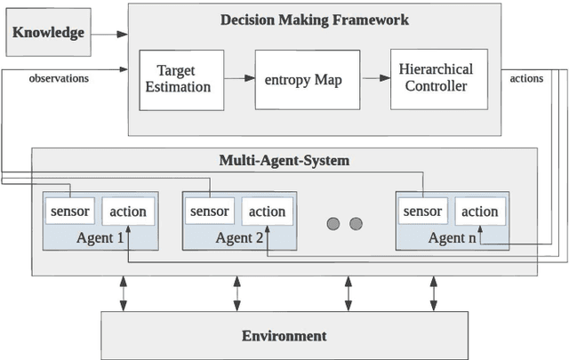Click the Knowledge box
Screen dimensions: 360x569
tap(48, 33)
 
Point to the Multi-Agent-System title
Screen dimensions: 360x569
tap(284, 160)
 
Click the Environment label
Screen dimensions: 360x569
tap(284, 335)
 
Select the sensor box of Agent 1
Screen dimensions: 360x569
tap(70, 212)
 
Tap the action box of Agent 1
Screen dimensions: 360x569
tap(127, 212)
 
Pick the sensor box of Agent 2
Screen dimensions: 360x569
tap(210, 212)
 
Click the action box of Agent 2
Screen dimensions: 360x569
tap(267, 212)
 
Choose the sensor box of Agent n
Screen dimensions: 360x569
tap(422, 212)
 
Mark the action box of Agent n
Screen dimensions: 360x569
tap(479, 212)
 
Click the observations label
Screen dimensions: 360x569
tap(59, 78)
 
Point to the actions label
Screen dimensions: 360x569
tap(526, 78)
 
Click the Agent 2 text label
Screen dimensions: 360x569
tap(239, 237)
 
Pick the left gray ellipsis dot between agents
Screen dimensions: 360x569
tap(334, 223)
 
